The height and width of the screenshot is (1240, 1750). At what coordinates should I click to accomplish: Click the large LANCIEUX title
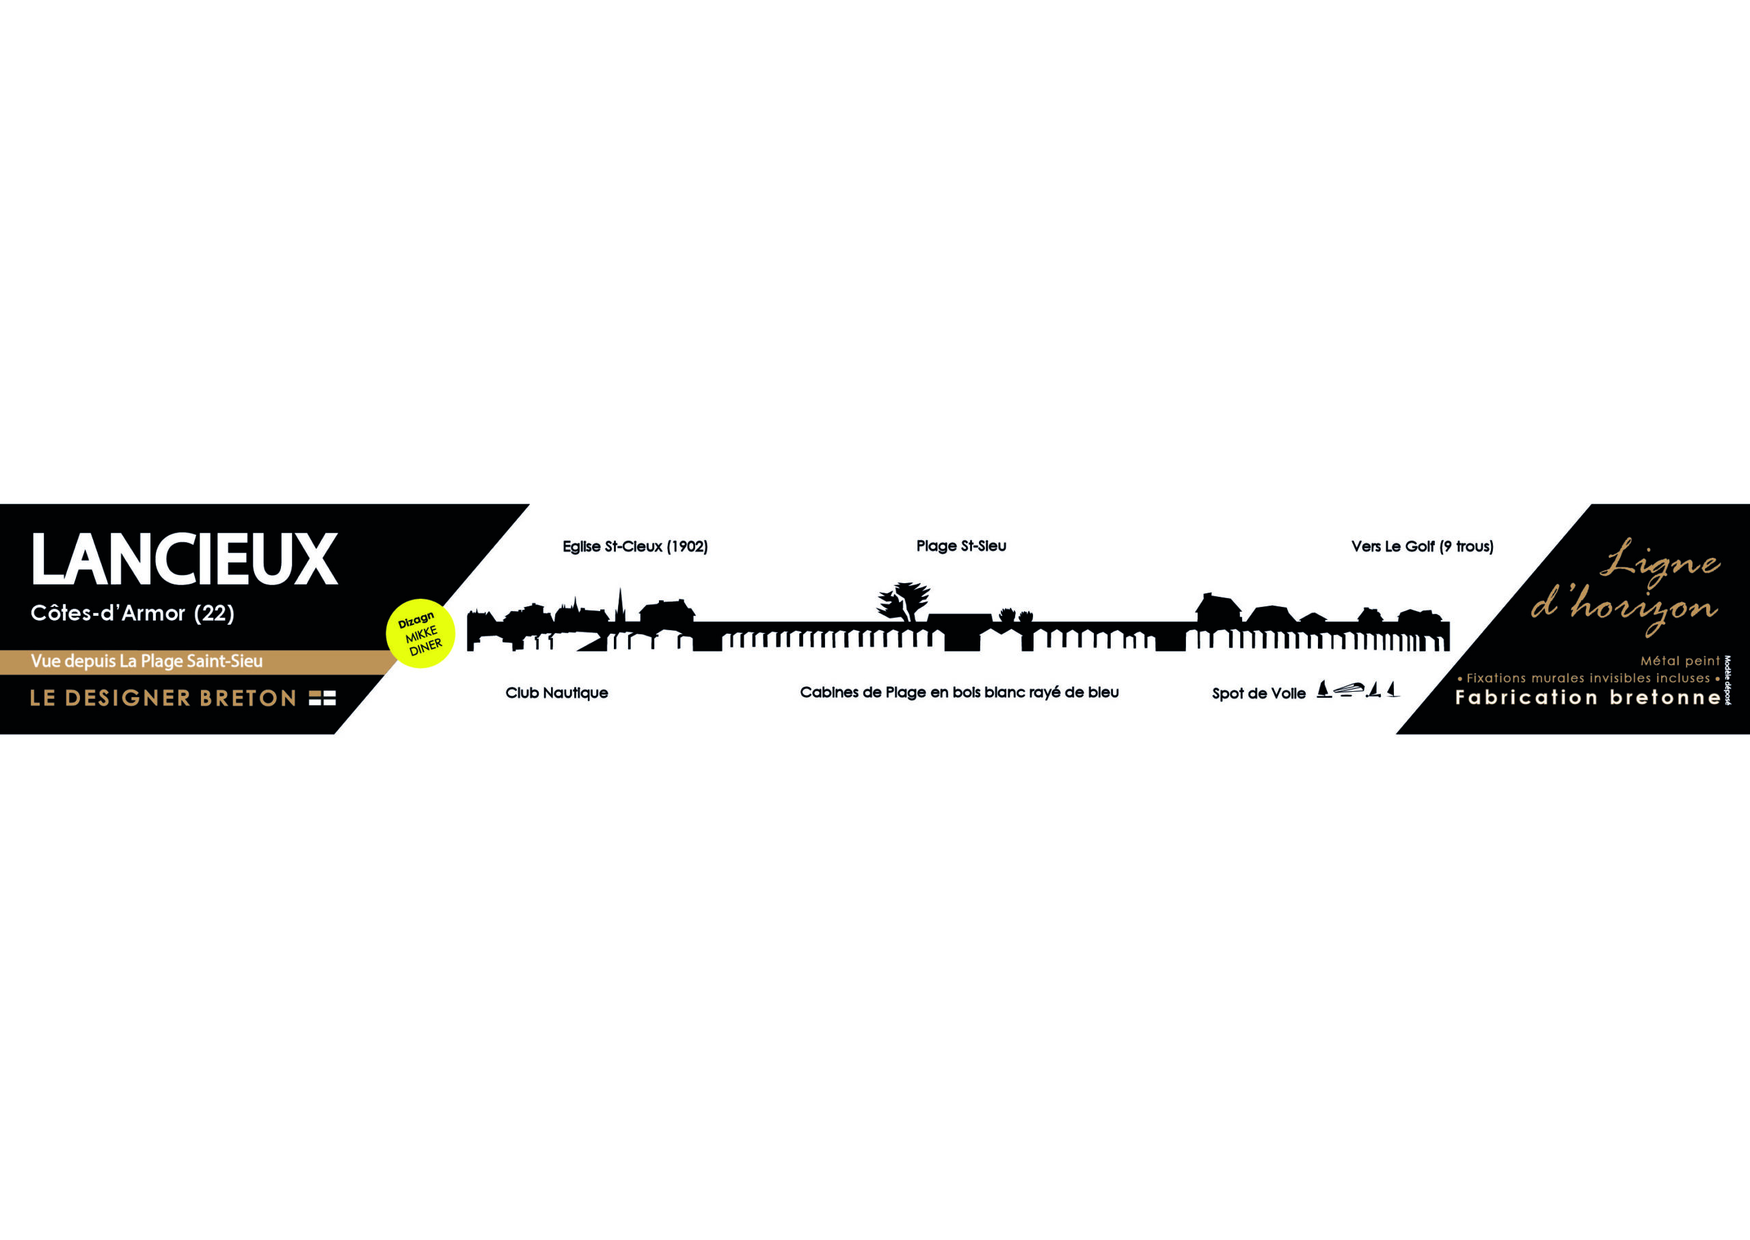pyautogui.click(x=183, y=559)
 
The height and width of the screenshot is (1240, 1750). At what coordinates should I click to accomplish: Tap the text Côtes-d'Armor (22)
pyautogui.click(x=132, y=612)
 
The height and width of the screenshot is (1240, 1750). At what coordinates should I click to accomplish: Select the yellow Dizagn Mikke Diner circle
pyautogui.click(x=420, y=633)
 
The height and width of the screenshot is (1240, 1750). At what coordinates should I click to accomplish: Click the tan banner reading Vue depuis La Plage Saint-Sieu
pyautogui.click(x=146, y=661)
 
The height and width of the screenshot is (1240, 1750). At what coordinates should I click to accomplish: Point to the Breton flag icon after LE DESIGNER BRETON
pyautogui.click(x=322, y=698)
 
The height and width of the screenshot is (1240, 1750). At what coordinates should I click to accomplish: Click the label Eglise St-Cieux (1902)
pyautogui.click(x=634, y=547)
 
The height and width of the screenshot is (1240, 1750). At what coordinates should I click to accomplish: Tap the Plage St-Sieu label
pyautogui.click(x=960, y=546)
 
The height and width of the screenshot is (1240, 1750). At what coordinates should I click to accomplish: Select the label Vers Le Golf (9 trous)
pyautogui.click(x=1422, y=547)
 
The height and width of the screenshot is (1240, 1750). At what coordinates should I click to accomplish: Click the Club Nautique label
pyautogui.click(x=556, y=692)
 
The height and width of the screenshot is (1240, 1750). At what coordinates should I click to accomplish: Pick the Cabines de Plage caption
pyautogui.click(x=959, y=692)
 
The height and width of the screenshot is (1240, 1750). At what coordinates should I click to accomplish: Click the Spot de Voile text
pyautogui.click(x=1258, y=693)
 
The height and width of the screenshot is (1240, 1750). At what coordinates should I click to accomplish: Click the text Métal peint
pyautogui.click(x=1680, y=660)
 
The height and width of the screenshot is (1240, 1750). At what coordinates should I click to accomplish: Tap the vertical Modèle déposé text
pyautogui.click(x=1727, y=679)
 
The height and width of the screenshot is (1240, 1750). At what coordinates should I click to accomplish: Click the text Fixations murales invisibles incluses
pyautogui.click(x=1588, y=678)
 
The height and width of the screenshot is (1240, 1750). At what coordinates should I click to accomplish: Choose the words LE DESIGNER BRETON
pyautogui.click(x=163, y=698)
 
